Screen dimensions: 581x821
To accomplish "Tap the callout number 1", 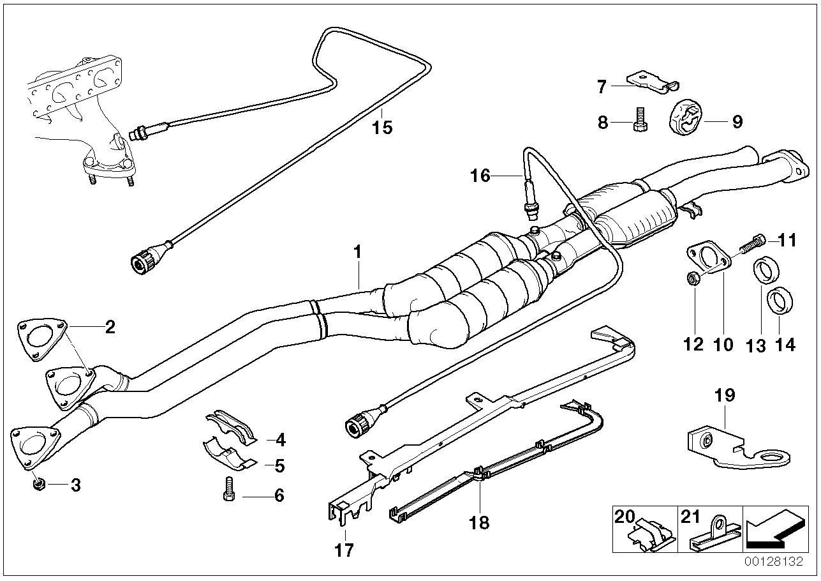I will pyautogui.click(x=357, y=252).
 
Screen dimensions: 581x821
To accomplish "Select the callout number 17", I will pyautogui.click(x=344, y=549).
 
